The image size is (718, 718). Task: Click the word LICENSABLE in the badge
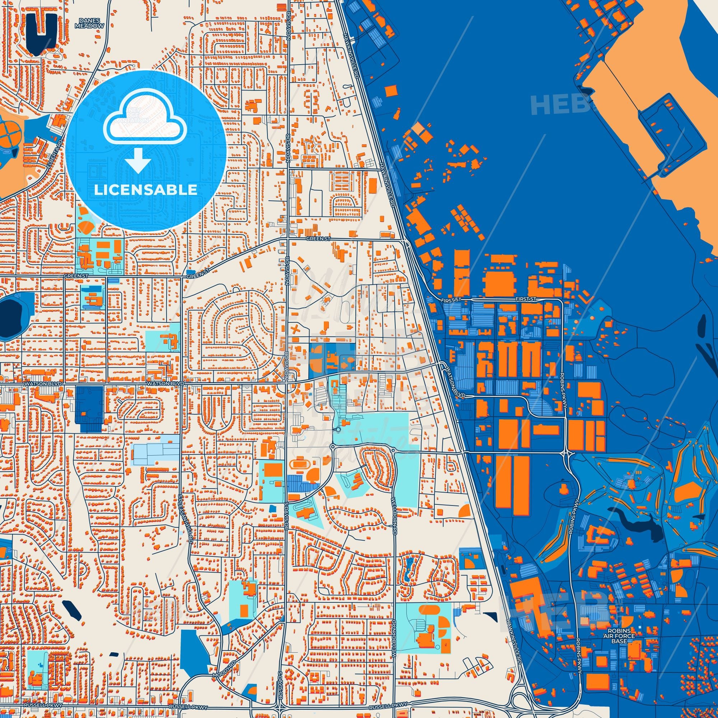pos(145,190)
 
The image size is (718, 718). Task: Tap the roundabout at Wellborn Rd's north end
pos(393,451)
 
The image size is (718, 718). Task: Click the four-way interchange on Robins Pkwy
pos(565,453)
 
